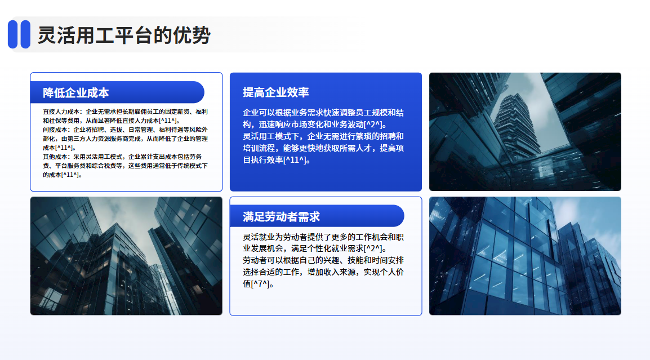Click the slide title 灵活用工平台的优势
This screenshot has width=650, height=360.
pyautogui.click(x=124, y=35)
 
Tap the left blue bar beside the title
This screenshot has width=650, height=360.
pyautogui.click(x=12, y=34)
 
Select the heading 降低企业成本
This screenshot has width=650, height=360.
pyautogui.click(x=76, y=92)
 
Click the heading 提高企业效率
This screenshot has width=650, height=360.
pyautogui.click(x=275, y=92)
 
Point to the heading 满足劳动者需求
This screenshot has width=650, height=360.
pyautogui.click(x=281, y=216)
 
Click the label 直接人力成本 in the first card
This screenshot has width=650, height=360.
pyautogui.click(x=61, y=112)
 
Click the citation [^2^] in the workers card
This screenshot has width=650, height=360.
pyautogui.click(x=373, y=248)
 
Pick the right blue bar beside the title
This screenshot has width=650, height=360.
pyautogui.click(x=25, y=34)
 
